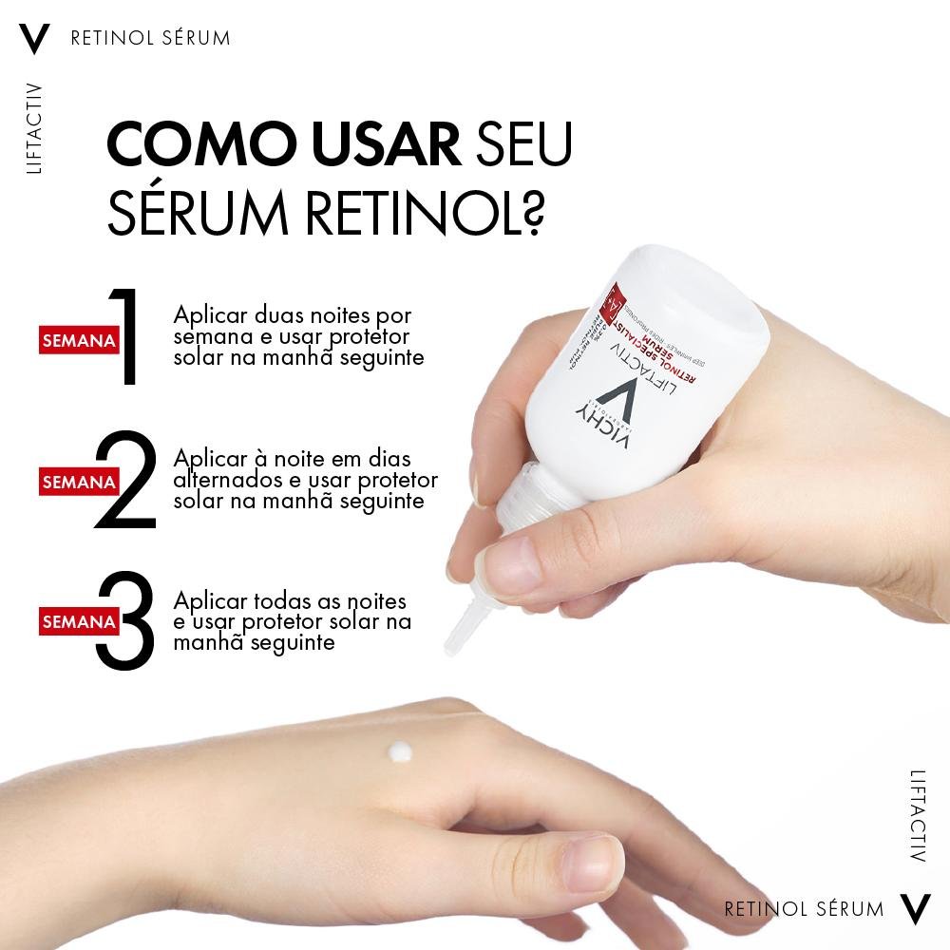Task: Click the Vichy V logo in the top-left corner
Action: pyautogui.click(x=34, y=39)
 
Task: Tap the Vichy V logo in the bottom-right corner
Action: pyautogui.click(x=915, y=908)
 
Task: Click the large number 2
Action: pyautogui.click(x=126, y=481)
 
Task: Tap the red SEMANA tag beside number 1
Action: pyautogui.click(x=78, y=340)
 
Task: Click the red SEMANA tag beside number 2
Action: pyautogui.click(x=78, y=482)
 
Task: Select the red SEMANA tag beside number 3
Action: pyautogui.click(x=78, y=621)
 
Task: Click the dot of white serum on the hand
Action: pyautogui.click(x=398, y=751)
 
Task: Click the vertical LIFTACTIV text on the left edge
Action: pyautogui.click(x=35, y=128)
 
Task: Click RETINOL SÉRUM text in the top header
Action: pyautogui.click(x=150, y=39)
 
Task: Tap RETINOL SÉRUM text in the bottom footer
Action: pyautogui.click(x=804, y=909)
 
